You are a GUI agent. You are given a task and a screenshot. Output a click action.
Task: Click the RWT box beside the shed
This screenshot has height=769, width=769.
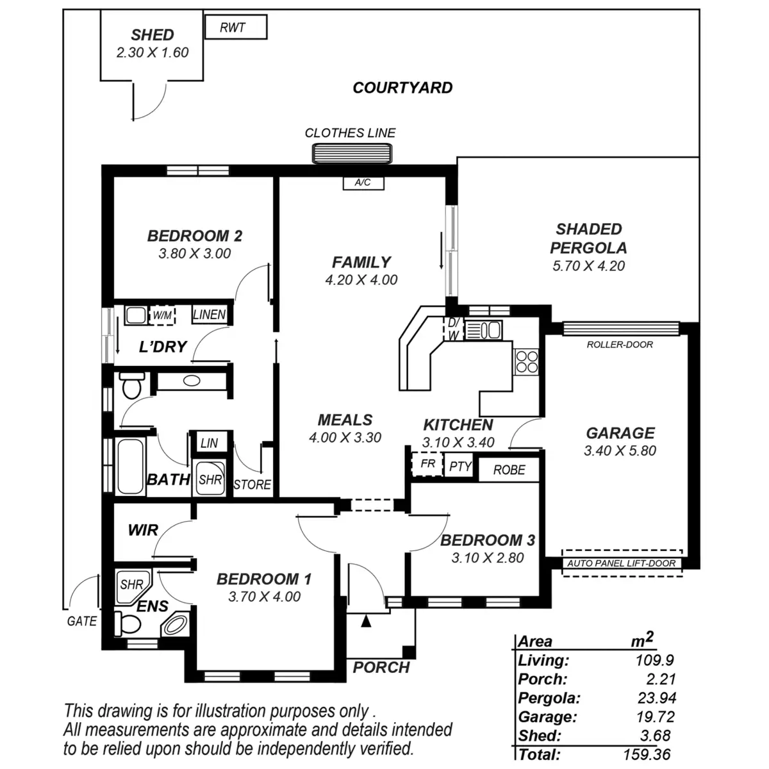coord(235,28)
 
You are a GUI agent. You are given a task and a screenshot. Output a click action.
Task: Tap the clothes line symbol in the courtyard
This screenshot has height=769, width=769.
coord(351,154)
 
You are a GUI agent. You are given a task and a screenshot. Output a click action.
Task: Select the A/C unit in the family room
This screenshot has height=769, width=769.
coord(363,183)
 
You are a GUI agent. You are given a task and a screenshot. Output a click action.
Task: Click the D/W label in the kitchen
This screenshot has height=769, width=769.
coord(453,329)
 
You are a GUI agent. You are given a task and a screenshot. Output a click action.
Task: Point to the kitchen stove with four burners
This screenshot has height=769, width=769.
coord(527,361)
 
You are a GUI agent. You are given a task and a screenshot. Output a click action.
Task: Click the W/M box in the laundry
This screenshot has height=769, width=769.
coord(162,315)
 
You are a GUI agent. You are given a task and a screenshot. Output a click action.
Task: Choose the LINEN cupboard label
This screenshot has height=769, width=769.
coord(210,315)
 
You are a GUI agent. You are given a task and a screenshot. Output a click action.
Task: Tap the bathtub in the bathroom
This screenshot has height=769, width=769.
coord(131,466)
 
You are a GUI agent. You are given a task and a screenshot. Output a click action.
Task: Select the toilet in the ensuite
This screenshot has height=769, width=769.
coord(129,623)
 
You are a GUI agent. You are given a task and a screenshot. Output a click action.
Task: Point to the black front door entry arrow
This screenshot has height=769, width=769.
coord(366,620)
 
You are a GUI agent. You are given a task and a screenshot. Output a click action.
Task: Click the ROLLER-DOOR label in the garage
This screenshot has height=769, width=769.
coord(620,345)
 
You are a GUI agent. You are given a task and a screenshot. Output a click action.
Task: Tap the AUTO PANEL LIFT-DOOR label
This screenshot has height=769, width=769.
coord(621,564)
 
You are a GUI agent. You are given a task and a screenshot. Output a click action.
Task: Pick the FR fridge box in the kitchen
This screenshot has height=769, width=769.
coord(427,464)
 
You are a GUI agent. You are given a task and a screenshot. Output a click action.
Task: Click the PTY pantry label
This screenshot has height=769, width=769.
coord(460,467)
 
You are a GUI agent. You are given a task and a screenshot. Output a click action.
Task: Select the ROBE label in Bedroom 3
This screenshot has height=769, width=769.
coord(509,470)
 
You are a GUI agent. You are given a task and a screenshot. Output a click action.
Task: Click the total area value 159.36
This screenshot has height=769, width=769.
coord(647,755)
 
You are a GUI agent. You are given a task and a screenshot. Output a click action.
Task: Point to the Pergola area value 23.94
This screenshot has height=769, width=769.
coord(657,698)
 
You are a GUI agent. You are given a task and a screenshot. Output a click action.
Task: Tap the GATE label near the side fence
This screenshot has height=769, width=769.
coord(82,621)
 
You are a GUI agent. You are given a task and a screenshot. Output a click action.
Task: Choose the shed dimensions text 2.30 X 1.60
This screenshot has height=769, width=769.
coord(153,53)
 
